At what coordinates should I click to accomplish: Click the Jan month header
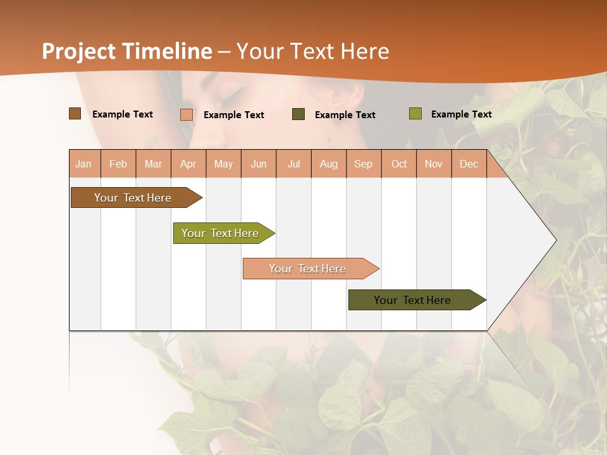(84, 164)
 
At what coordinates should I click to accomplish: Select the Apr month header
(188, 164)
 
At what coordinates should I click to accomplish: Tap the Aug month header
(329, 164)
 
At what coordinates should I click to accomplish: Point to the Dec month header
(469, 164)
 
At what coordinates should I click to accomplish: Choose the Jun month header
(259, 164)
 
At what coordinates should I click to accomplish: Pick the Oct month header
(399, 164)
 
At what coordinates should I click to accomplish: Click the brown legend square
(75, 114)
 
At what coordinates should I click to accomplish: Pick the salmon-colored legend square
(186, 114)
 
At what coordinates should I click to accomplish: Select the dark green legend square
(298, 114)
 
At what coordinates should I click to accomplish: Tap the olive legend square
(415, 114)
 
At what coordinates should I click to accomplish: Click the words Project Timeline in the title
(126, 51)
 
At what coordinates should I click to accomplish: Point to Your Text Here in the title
(312, 51)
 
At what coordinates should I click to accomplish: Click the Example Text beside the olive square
(461, 114)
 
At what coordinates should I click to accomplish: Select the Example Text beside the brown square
(123, 114)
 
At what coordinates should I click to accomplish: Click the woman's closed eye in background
(231, 95)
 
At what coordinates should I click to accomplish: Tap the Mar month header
(153, 164)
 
